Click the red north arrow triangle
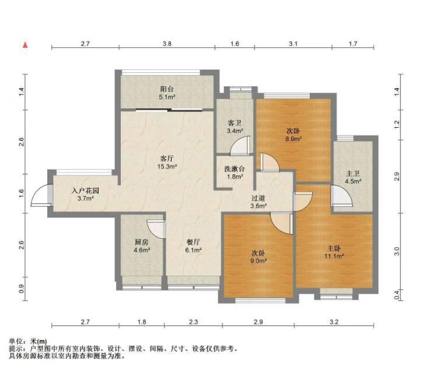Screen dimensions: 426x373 [x=25, y=45]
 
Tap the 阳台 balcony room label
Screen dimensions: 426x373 [x=167, y=89]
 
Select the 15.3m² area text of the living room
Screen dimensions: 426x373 [x=167, y=166]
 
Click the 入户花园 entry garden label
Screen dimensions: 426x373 [x=85, y=191]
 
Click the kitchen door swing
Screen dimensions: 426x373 [x=156, y=228]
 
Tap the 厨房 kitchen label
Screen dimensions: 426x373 [x=142, y=242]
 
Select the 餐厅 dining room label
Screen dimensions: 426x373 [x=193, y=242]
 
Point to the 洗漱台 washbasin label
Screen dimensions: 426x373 [x=235, y=169]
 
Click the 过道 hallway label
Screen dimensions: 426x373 [x=258, y=198]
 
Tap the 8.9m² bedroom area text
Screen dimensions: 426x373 [x=293, y=139]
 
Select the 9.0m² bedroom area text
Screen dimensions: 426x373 [x=258, y=261]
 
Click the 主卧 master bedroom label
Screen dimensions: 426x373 [x=334, y=248]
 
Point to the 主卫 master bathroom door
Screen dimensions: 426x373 [x=341, y=196]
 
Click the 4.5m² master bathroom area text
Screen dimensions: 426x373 [x=353, y=181]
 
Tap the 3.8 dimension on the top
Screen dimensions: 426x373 [x=167, y=43]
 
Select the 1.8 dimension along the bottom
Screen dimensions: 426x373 [x=142, y=322]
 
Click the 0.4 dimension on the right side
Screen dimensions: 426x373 [x=397, y=295]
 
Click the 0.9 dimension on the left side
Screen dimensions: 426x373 [x=22, y=288]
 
